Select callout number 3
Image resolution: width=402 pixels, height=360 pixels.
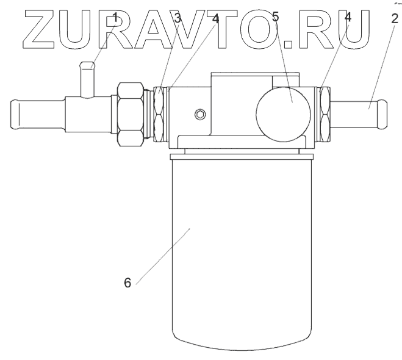(178, 18)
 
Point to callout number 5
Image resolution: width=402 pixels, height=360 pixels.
(276, 17)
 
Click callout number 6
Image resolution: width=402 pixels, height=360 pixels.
(127, 284)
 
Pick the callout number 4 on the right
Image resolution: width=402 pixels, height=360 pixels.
(348, 18)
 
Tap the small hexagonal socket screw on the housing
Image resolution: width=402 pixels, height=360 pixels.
(199, 114)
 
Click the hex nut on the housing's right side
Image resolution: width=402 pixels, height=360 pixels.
(325, 114)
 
